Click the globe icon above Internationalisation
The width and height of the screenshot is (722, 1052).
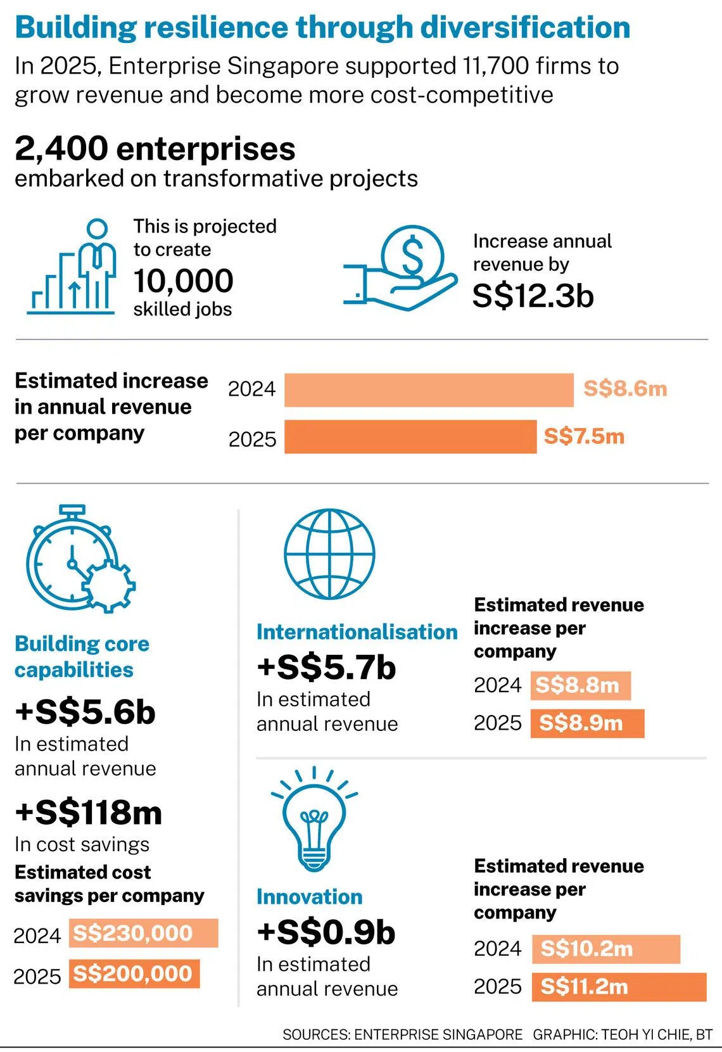pyautogui.click(x=329, y=554)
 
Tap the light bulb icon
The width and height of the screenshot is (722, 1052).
pyautogui.click(x=314, y=820)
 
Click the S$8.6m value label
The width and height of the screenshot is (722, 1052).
pyautogui.click(x=624, y=388)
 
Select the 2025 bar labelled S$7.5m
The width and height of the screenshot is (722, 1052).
pyautogui.click(x=410, y=437)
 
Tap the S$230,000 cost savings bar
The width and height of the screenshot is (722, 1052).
pyautogui.click(x=143, y=933)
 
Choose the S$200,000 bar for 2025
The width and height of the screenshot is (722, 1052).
pyautogui.click(x=134, y=973)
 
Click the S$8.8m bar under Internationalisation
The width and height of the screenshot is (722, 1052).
pyautogui.click(x=580, y=685)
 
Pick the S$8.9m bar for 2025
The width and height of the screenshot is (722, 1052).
pyautogui.click(x=587, y=723)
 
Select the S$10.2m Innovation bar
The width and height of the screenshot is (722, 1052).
pyautogui.click(x=605, y=949)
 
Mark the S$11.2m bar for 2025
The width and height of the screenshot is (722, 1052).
pyautogui.click(x=619, y=987)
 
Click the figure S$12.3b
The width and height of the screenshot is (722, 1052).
pyautogui.click(x=533, y=296)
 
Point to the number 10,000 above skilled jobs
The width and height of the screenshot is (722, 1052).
pyautogui.click(x=183, y=281)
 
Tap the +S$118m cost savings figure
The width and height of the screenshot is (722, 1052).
pyautogui.click(x=89, y=813)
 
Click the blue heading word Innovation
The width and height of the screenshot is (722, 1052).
pyautogui.click(x=309, y=897)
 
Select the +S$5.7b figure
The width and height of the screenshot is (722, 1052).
pyautogui.click(x=326, y=668)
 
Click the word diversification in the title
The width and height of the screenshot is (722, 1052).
pyautogui.click(x=526, y=27)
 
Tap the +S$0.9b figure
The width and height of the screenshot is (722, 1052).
pyautogui.click(x=326, y=932)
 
